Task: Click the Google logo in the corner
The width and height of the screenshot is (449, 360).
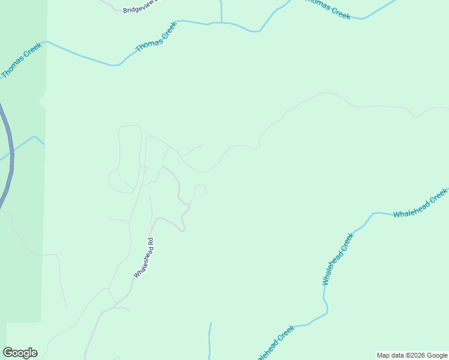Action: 20,353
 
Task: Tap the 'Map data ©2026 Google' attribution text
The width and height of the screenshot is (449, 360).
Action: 412,355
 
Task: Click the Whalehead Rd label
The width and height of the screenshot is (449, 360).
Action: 145,258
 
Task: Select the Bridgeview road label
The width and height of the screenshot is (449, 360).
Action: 142,7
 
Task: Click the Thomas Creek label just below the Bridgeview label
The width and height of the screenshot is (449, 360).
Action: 156,37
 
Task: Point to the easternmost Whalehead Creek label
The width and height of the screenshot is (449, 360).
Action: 420,204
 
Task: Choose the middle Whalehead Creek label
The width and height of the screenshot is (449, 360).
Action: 339,259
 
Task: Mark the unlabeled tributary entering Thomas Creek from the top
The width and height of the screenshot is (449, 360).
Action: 221,11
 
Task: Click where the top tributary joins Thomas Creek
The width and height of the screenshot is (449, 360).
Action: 221,23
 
